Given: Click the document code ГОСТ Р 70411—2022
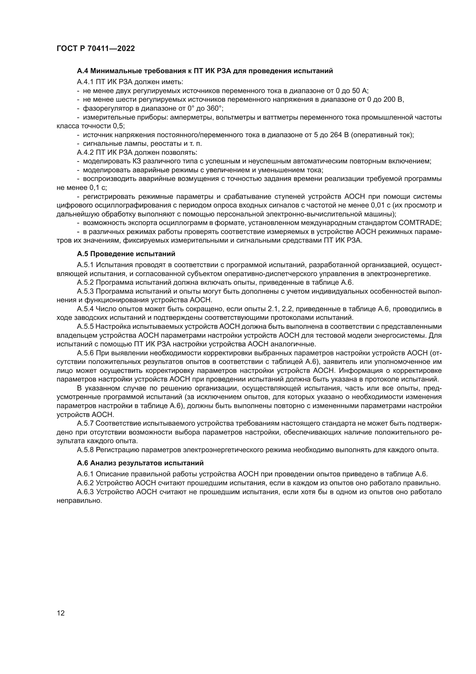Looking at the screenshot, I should pyautogui.click(x=96, y=49).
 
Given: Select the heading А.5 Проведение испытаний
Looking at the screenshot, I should pyautogui.click(x=126, y=254).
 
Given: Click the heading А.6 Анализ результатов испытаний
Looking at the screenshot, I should pyautogui.click(x=140, y=463).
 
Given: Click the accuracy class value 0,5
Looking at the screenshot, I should pyautogui.click(x=118, y=126).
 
